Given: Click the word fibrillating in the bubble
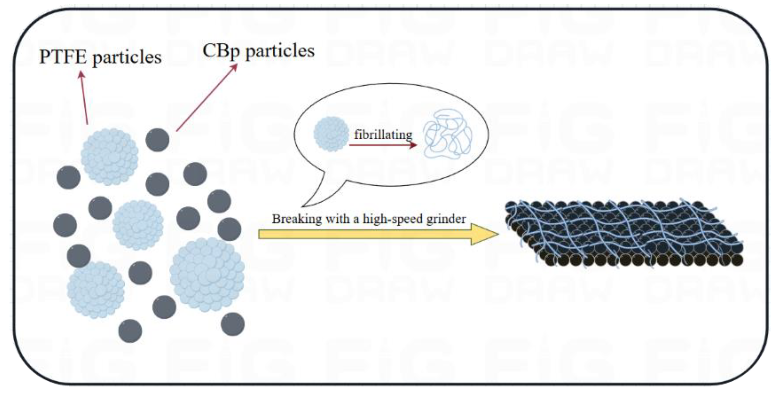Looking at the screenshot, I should tap(383, 135).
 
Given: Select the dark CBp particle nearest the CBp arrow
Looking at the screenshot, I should tap(157, 140).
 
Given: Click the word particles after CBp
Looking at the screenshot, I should tap(280, 51).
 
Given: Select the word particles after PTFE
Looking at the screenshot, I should tap(127, 57).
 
